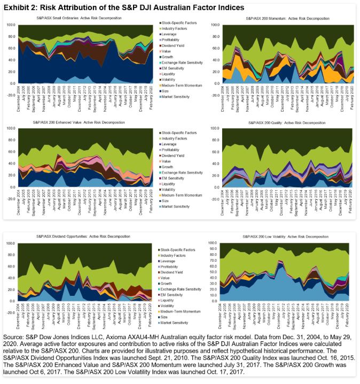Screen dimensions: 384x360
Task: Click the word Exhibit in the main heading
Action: [x=16, y=7]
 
